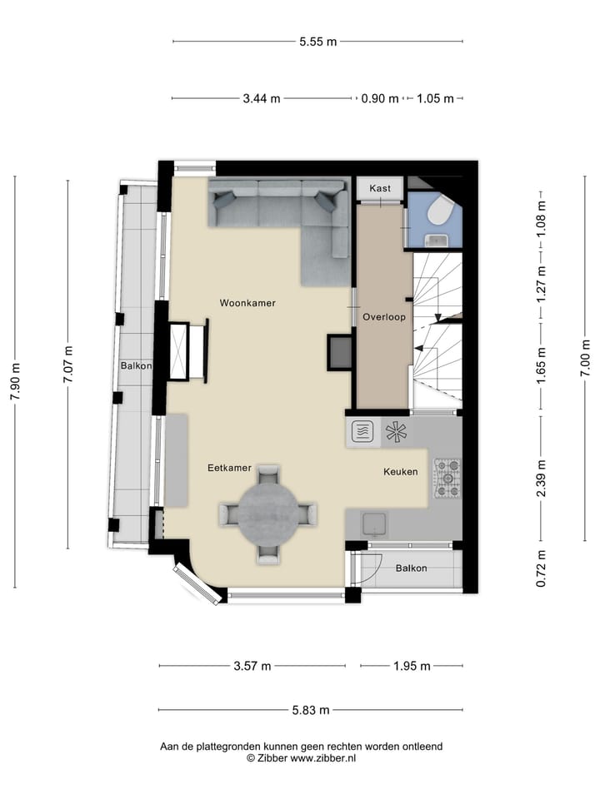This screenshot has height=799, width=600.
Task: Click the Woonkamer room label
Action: [x=247, y=303]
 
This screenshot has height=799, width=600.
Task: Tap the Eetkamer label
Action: [x=230, y=468]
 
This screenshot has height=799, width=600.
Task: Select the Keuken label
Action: [x=401, y=472]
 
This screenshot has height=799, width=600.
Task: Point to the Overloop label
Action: [x=384, y=317]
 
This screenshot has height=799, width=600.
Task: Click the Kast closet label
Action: [x=380, y=188]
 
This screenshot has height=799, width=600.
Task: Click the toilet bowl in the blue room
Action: [x=438, y=211]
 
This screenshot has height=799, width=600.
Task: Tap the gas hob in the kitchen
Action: [x=447, y=479]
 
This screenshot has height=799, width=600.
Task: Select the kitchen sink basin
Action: [x=374, y=524]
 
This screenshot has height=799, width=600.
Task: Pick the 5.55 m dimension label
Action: [x=317, y=42]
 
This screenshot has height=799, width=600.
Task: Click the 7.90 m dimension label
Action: [x=15, y=382]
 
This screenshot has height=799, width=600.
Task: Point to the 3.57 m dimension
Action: [x=252, y=666]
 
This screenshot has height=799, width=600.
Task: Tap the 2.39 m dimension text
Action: [x=542, y=479]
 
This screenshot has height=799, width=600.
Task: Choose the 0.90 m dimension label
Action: [x=380, y=99]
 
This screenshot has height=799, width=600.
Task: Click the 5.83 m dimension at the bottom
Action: [x=311, y=710]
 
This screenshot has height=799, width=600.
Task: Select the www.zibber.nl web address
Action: [x=323, y=758]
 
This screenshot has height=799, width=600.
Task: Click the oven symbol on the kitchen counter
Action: [x=362, y=432]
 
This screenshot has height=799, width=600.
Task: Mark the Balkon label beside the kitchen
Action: [x=411, y=568]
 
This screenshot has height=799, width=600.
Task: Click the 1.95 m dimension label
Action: [x=412, y=666]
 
